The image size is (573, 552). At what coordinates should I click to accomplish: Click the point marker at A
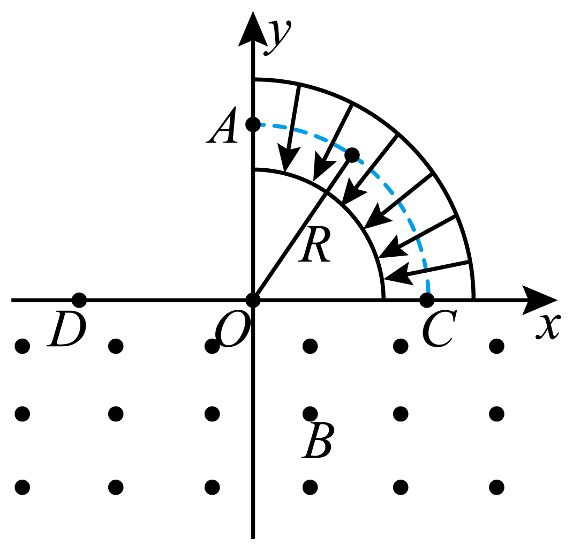[253, 124]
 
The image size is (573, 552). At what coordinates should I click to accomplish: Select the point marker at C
[427, 300]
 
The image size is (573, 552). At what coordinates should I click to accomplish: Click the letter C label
[439, 329]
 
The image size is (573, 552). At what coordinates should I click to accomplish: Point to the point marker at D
[79, 300]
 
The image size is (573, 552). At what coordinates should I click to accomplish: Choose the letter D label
[66, 329]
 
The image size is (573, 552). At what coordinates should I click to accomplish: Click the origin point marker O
[253, 300]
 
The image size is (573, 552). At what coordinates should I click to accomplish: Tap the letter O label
[232, 329]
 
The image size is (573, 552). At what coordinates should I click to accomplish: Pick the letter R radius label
[315, 244]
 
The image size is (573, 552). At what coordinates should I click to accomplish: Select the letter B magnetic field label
[317, 440]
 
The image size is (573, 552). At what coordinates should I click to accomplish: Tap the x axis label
[548, 326]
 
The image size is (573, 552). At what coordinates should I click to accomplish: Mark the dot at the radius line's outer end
[352, 155]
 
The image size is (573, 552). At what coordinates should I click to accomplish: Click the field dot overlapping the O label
[212, 346]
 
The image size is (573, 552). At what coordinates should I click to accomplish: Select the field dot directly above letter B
[310, 414]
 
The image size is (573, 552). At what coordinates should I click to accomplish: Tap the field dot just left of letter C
[401, 346]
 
